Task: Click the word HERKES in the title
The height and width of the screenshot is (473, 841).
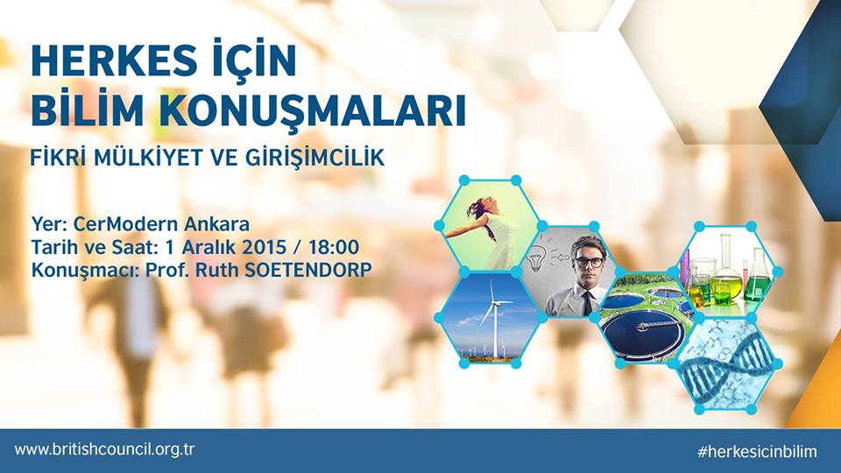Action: coord(111,60)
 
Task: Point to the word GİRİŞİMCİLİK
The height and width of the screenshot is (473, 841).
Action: coord(315,157)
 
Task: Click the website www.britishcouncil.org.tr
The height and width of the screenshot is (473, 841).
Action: coord(104,449)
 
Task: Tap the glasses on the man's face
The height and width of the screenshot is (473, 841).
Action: coord(588,262)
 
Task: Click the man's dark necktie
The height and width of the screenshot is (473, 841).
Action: coord(587,303)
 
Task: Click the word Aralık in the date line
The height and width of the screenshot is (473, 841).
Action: coord(209,247)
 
